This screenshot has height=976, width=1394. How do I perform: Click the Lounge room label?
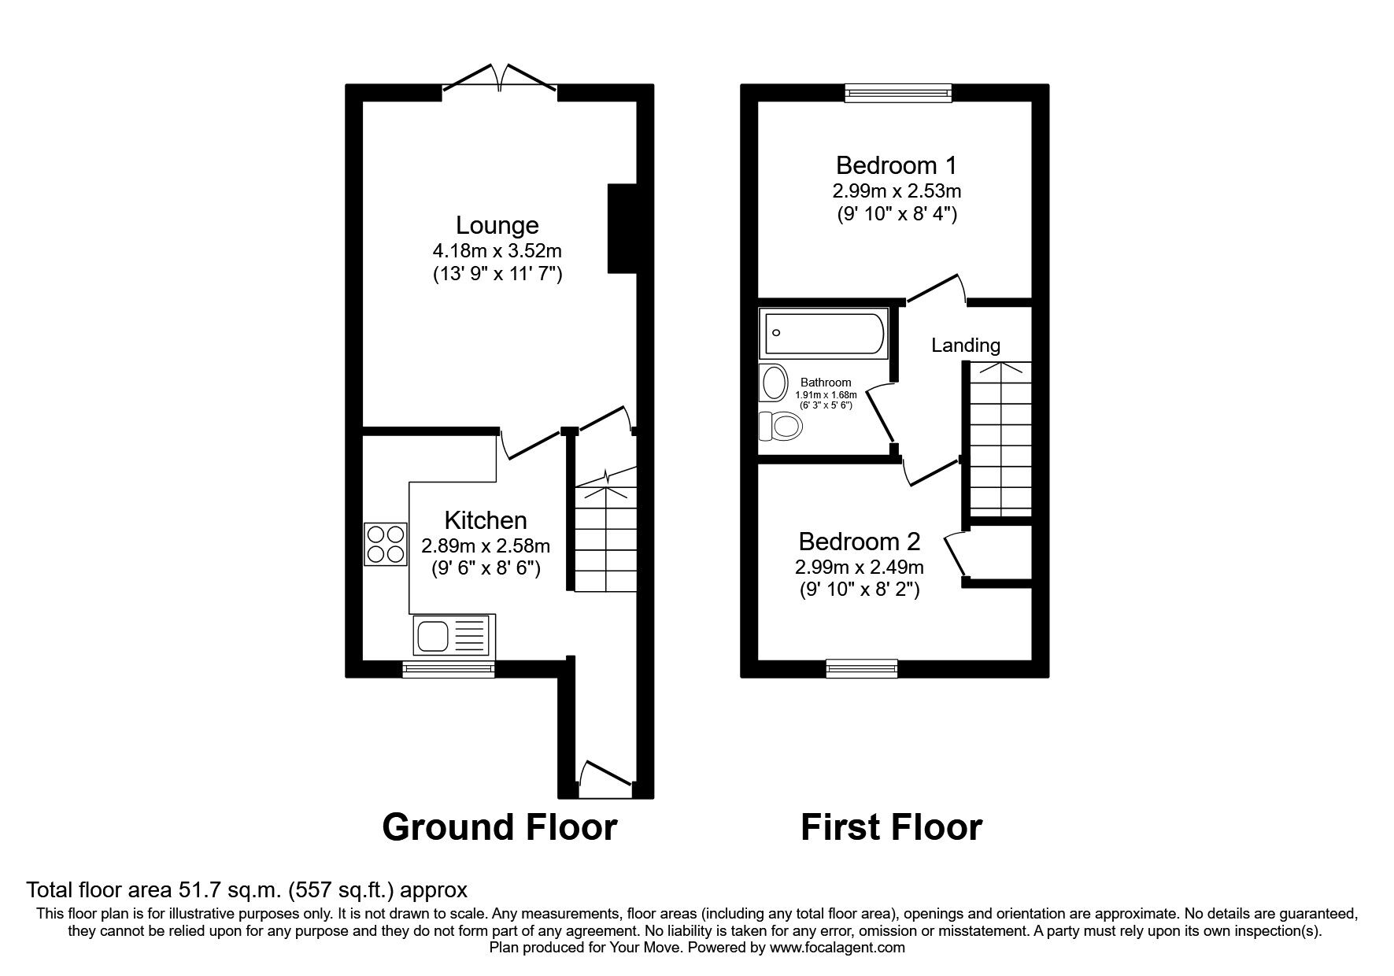click(x=497, y=226)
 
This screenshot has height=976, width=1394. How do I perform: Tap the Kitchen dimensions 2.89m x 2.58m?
click(x=485, y=545)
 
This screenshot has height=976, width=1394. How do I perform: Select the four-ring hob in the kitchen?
click(x=385, y=544)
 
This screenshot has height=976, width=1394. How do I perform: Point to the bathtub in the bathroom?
click(x=823, y=332)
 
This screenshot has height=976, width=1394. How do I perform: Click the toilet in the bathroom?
click(x=780, y=427)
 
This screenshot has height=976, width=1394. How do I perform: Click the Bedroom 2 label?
click(x=859, y=542)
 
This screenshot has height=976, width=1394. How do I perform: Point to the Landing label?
click(x=965, y=345)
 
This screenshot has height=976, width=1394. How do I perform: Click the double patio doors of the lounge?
click(x=500, y=81)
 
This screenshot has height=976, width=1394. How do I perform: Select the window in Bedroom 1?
click(x=898, y=94)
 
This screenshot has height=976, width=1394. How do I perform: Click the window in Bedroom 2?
click(x=862, y=669)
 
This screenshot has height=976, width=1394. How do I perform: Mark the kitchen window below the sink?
click(x=448, y=670)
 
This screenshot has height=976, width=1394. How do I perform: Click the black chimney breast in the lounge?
click(x=621, y=228)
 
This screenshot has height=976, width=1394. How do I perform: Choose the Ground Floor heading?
click(x=499, y=828)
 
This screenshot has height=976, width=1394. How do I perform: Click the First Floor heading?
click(x=891, y=828)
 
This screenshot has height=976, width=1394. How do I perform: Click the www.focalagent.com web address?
click(x=837, y=948)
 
